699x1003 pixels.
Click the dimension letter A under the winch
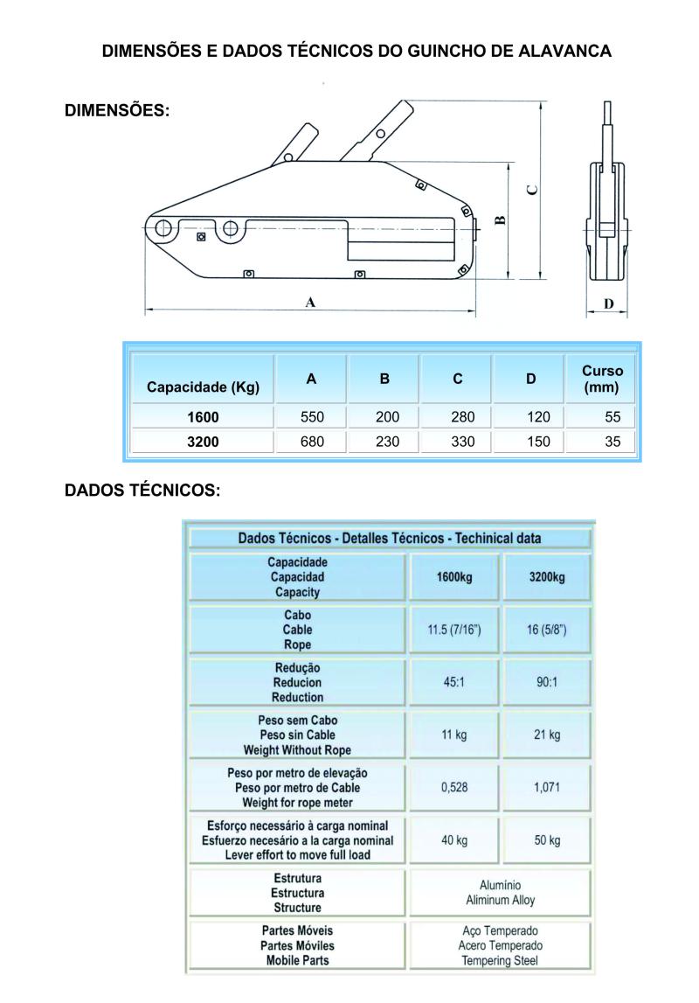310,303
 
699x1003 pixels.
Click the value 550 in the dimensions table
311,417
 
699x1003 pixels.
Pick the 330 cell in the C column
458,442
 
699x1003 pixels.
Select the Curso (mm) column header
602,379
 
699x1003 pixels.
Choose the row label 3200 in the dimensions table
203,442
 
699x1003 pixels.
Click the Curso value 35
612,442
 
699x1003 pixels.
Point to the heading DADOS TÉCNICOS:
143,490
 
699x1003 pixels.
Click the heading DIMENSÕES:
117,112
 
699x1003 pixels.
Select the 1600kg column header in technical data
454,577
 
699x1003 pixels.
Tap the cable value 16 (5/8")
547,630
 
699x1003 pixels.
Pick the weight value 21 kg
547,735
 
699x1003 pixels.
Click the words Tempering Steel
500,960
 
